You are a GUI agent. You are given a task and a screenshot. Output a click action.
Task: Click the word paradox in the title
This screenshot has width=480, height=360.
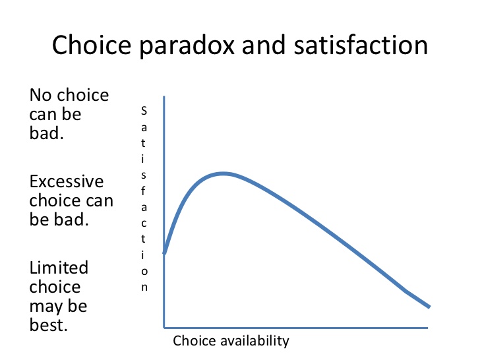coord(187,46)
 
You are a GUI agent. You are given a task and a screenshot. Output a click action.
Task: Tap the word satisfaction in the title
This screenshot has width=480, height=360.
coord(361,45)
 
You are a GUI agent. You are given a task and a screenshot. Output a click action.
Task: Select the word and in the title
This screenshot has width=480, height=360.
coord(264,45)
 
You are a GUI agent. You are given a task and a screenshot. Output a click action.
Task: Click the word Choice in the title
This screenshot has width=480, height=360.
coord(92,45)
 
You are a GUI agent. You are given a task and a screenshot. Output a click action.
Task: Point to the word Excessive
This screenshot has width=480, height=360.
coord(67,181)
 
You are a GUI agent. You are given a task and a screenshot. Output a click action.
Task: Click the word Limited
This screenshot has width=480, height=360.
coord(59,268)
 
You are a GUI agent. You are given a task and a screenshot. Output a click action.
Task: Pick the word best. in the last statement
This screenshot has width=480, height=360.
coord(48,325)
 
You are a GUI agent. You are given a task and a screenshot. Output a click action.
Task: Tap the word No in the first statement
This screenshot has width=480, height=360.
coord(40,95)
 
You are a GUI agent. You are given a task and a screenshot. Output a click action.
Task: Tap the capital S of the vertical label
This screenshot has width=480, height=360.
coord(144,111)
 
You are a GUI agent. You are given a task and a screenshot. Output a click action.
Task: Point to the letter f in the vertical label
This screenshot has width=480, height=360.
coord(143,191)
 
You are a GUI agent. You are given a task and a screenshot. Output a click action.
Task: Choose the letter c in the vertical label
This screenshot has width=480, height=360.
coord(144,224)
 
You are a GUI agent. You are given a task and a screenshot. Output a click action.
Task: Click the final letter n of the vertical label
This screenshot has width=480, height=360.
coord(144,287)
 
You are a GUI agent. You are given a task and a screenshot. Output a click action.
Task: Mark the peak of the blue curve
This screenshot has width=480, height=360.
coord(224,173)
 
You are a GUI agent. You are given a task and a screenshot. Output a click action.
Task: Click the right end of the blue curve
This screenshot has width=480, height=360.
coord(429,307)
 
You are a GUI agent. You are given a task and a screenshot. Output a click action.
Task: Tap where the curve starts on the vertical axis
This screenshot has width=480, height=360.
coord(164,253)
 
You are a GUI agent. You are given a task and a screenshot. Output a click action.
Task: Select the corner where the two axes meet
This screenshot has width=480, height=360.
coord(164,328)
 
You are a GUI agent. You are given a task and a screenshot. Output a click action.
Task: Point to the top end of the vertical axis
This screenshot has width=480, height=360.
coord(164,97)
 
